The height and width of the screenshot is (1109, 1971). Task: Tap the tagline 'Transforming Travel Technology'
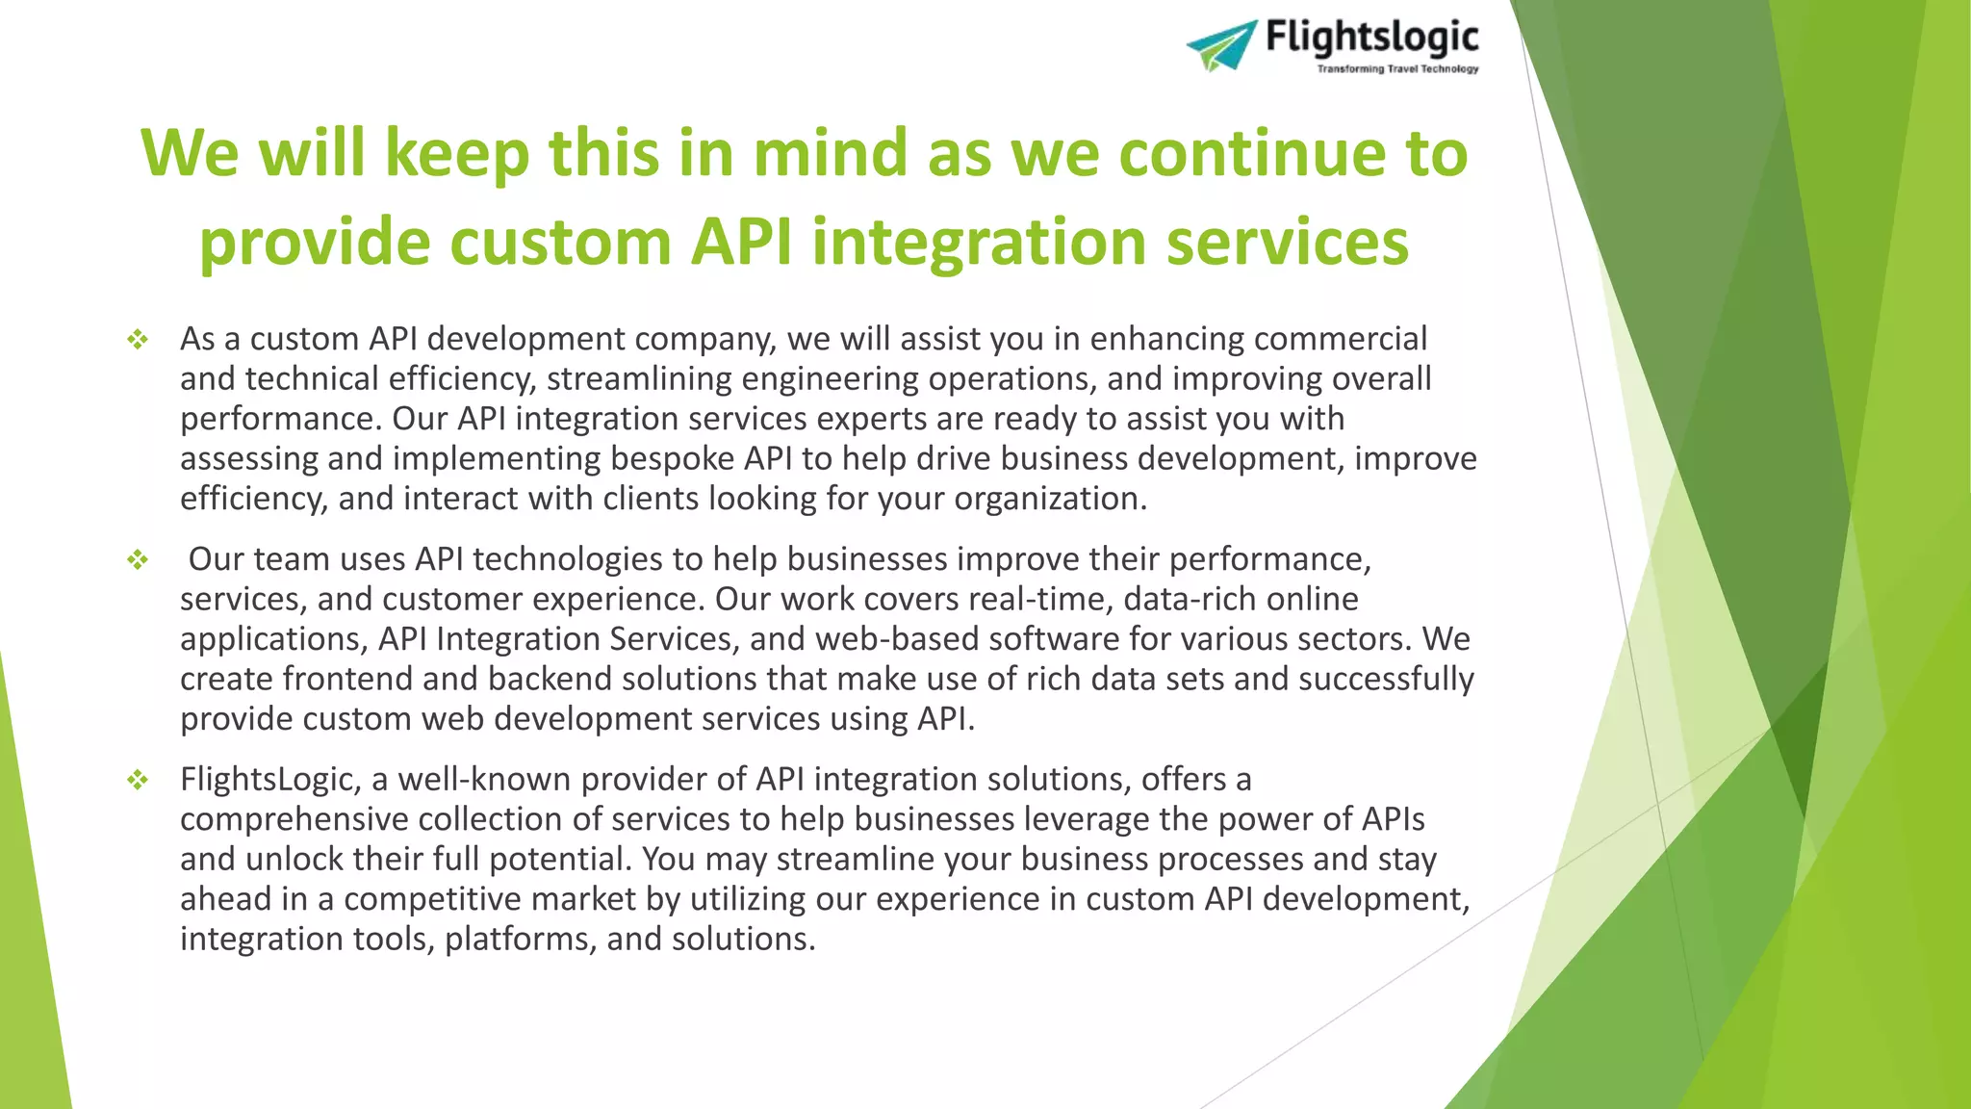point(1397,69)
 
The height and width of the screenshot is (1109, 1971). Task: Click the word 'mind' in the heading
point(830,153)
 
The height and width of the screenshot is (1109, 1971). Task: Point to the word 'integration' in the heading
point(978,241)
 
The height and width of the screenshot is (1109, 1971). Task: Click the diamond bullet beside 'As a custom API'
point(138,339)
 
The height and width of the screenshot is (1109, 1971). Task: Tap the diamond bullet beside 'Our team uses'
point(138,559)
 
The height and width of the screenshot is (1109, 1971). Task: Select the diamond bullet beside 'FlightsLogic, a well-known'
point(138,780)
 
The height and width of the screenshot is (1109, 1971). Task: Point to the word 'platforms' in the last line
point(519,940)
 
